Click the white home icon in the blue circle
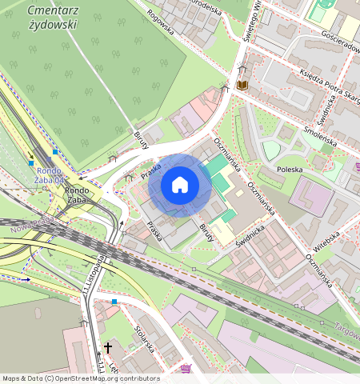click(180, 186)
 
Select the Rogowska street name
click(160, 23)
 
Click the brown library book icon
click(242, 84)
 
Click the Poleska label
click(293, 170)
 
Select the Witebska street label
click(326, 238)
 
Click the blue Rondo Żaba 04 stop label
click(50, 175)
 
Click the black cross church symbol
click(108, 348)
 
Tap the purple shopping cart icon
click(186, 368)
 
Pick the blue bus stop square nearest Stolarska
click(114, 302)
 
